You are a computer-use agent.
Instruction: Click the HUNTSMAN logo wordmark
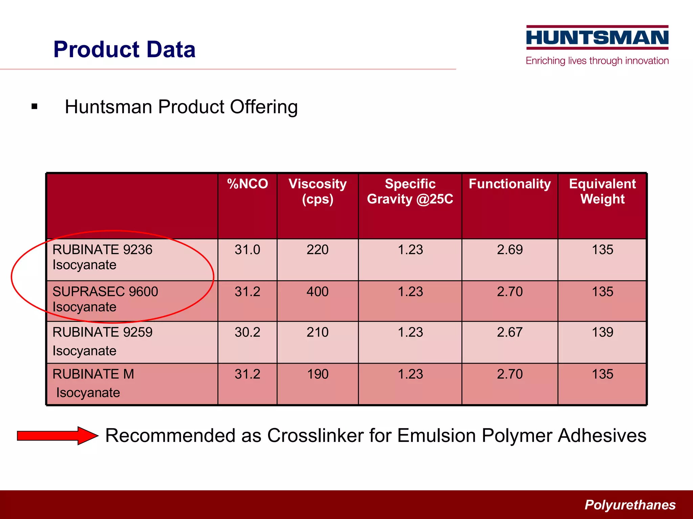pyautogui.click(x=597, y=38)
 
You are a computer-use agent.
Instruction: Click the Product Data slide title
pyautogui.click(x=125, y=49)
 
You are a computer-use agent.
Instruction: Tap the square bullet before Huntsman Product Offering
pyautogui.click(x=34, y=107)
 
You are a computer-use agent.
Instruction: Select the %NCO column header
pyautogui.click(x=247, y=184)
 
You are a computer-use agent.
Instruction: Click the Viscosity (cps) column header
pyautogui.click(x=317, y=191)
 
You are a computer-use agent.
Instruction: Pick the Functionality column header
pyautogui.click(x=510, y=184)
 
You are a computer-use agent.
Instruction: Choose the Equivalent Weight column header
pyautogui.click(x=602, y=191)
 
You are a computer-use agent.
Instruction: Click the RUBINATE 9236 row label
pyautogui.click(x=103, y=257)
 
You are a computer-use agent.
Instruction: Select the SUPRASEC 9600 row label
pyautogui.click(x=105, y=299)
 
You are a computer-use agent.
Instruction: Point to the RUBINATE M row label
pyautogui.click(x=93, y=383)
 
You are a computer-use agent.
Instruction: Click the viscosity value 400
pyautogui.click(x=317, y=292)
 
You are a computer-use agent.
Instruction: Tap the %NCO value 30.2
pyautogui.click(x=247, y=332)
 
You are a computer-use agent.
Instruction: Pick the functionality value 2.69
pyautogui.click(x=510, y=250)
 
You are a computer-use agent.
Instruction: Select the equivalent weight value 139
pyautogui.click(x=602, y=332)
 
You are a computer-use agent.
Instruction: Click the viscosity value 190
pyautogui.click(x=317, y=374)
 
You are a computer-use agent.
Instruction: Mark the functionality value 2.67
pyautogui.click(x=510, y=332)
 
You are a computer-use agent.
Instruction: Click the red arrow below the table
pyautogui.click(x=58, y=436)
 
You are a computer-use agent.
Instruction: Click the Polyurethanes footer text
pyautogui.click(x=630, y=505)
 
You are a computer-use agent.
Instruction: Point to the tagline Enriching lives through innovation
pyautogui.click(x=597, y=61)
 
